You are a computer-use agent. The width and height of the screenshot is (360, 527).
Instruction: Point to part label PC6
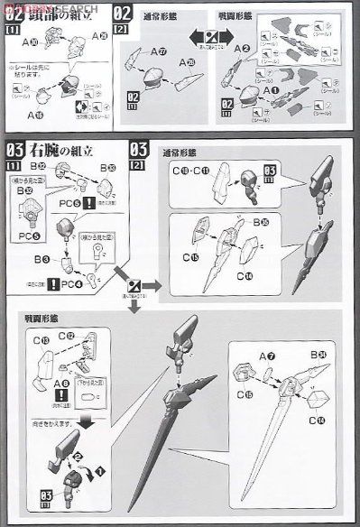[69, 203]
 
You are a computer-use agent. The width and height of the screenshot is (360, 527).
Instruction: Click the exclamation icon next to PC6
[90, 202]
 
